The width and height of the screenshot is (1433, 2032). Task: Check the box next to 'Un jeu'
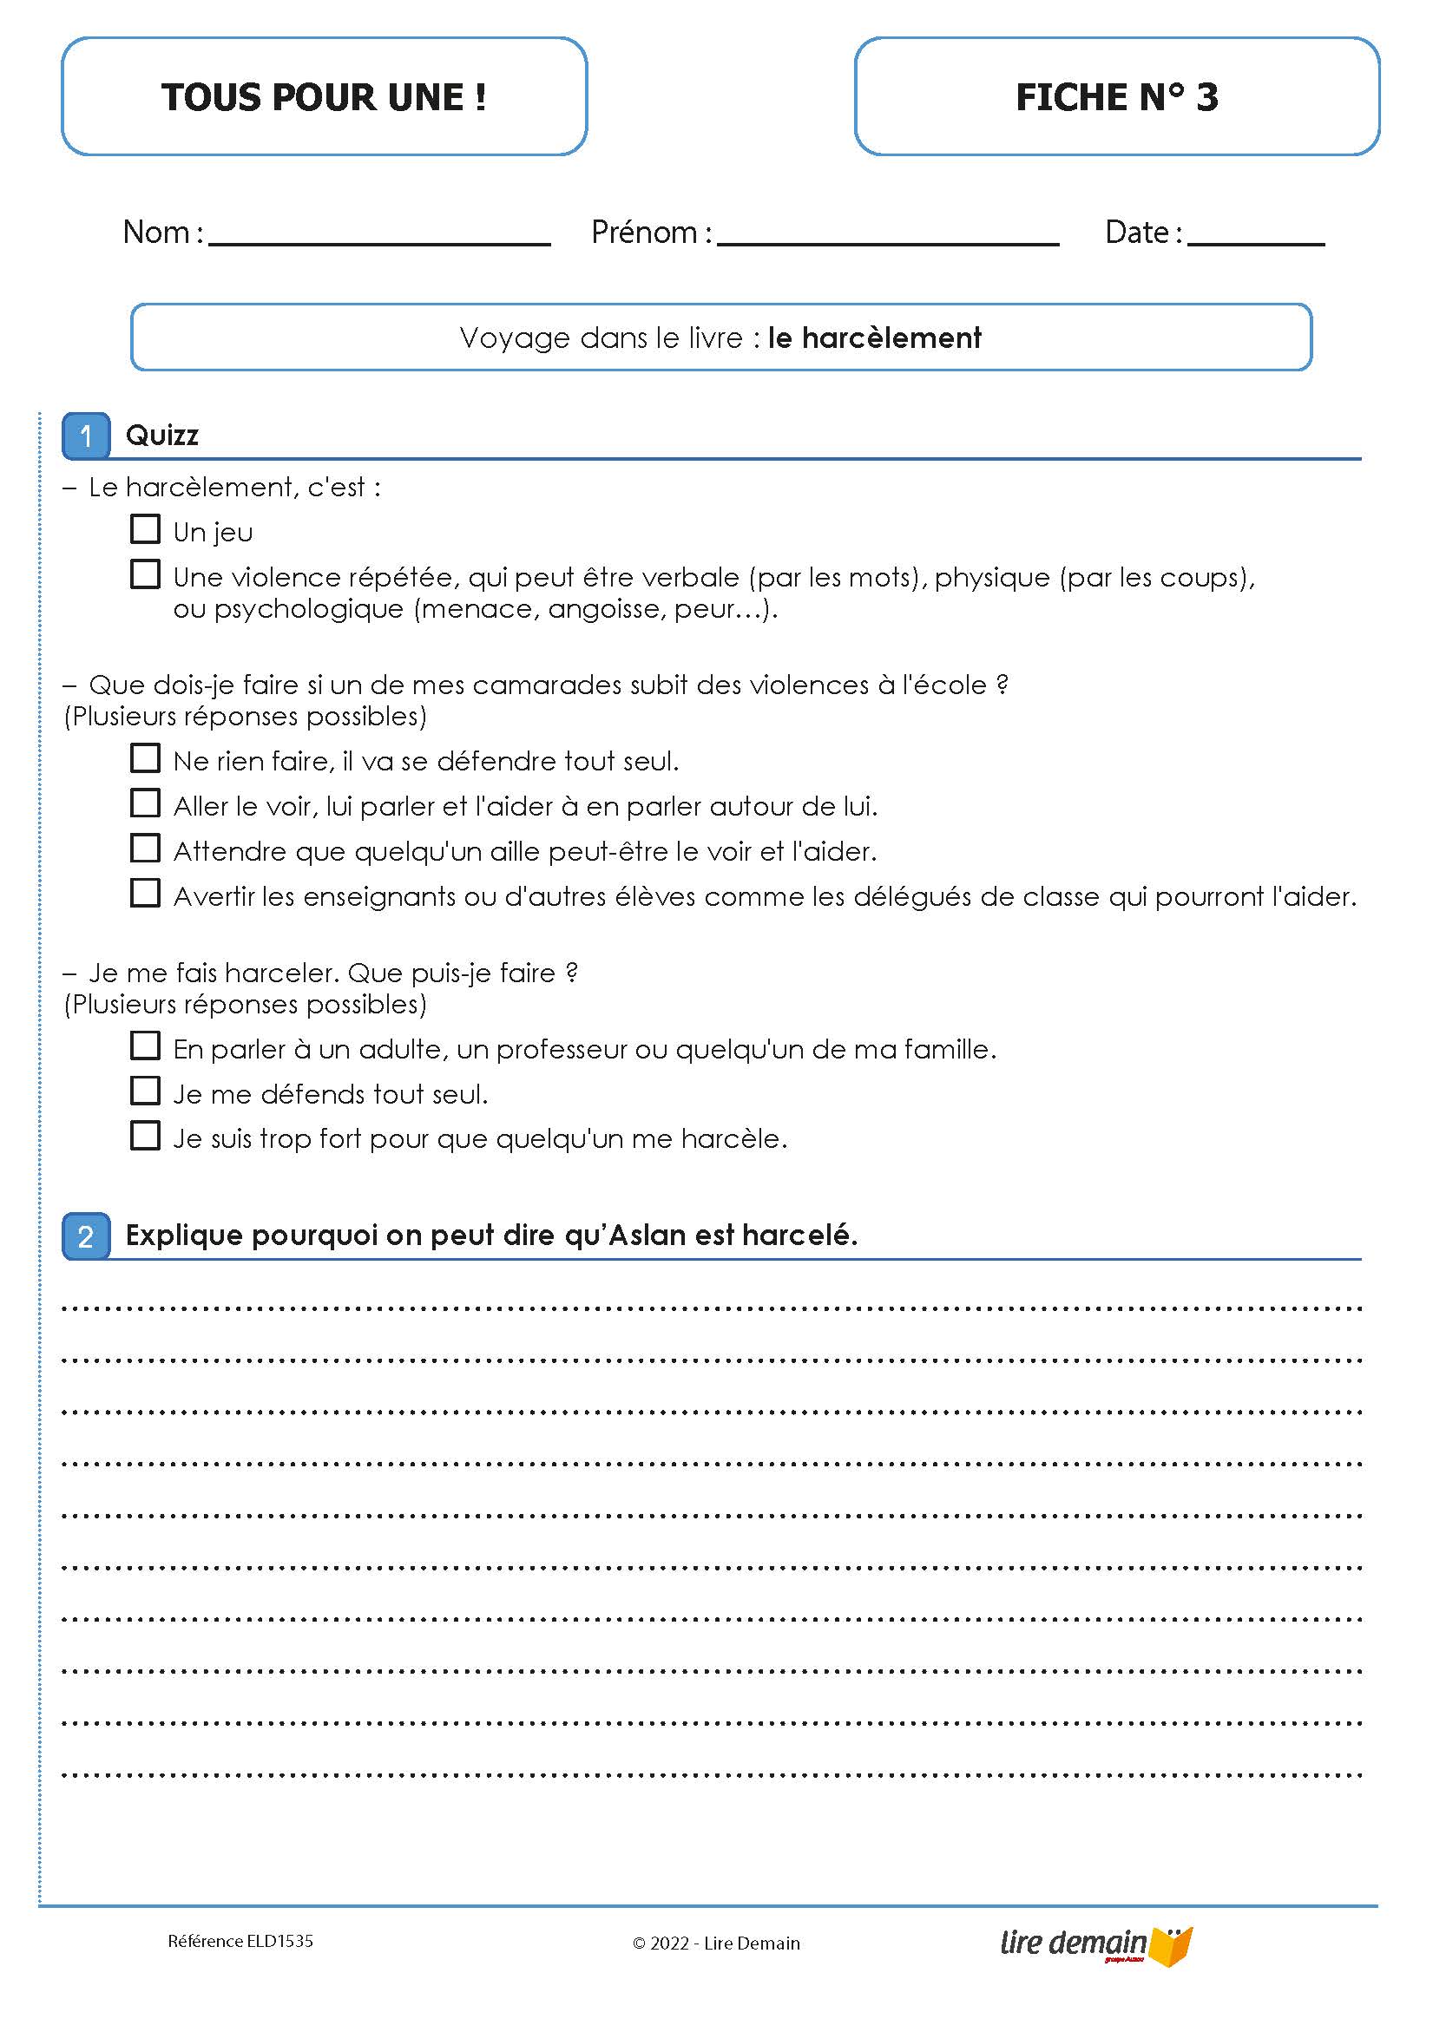pos(145,530)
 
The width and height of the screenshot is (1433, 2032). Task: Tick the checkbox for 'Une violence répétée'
pos(145,575)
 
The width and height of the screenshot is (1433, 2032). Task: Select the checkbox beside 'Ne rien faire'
pos(145,759)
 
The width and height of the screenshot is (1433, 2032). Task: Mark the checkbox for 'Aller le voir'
pos(145,803)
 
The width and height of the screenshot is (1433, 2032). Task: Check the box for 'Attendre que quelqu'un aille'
pos(145,849)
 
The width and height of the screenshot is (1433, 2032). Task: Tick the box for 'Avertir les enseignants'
pos(145,894)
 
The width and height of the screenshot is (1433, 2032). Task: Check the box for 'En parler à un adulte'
pos(145,1047)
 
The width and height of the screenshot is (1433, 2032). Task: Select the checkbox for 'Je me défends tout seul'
pos(145,1091)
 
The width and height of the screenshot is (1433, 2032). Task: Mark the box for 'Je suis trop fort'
pos(145,1137)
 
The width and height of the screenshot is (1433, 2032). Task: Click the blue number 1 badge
pos(86,436)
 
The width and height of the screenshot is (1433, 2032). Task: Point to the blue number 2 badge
pos(86,1236)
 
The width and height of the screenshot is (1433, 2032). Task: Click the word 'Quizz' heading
pos(162,436)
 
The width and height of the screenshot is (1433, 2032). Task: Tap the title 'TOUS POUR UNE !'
pos(324,97)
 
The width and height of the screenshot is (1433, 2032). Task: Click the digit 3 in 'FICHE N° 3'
pos(1207,97)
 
